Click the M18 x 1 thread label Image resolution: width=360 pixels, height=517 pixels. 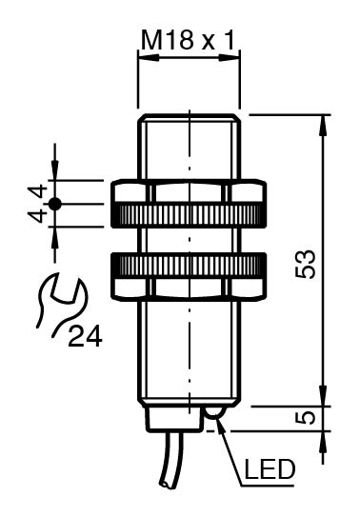click(x=188, y=41)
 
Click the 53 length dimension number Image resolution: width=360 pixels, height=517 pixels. click(x=305, y=264)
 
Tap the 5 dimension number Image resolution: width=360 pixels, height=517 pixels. click(x=305, y=418)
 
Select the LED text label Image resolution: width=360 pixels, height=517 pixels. click(x=270, y=469)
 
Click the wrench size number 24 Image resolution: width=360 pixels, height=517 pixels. click(x=85, y=336)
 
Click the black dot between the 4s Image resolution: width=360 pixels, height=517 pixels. click(x=54, y=205)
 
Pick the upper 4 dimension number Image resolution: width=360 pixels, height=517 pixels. click(x=36, y=192)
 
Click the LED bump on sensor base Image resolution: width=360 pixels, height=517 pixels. click(x=214, y=412)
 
